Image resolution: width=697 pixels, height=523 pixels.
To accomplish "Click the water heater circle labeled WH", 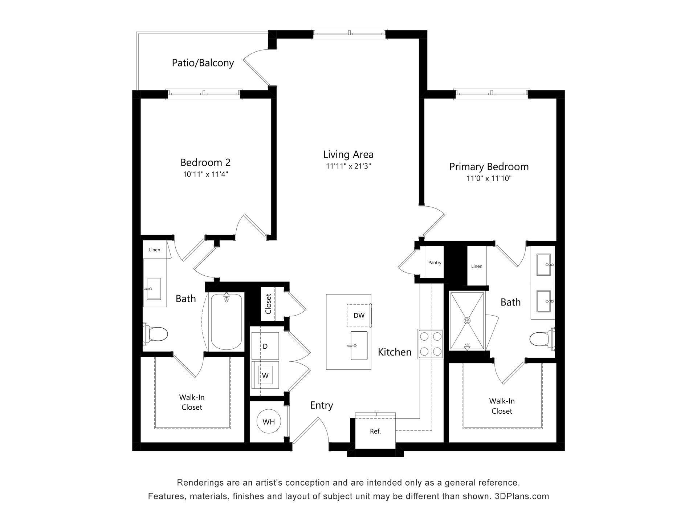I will tap(269, 422).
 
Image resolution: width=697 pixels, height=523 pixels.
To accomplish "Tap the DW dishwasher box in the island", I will tap(359, 315).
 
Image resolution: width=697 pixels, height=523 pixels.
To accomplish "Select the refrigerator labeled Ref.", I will tap(375, 431).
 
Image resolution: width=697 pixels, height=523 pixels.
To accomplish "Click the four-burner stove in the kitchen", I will tap(431, 344).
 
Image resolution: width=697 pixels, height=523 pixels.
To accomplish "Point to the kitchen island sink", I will tap(359, 346).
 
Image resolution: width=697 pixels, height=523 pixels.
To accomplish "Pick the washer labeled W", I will tap(265, 376).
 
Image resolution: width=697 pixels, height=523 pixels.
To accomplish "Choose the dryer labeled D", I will tap(265, 346).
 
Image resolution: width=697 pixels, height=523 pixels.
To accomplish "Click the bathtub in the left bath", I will tap(227, 322).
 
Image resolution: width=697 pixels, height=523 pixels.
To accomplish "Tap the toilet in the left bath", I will tap(156, 333).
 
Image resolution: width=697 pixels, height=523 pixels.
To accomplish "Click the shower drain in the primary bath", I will tap(467, 321).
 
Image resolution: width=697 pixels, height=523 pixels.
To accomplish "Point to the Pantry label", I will tap(435, 263).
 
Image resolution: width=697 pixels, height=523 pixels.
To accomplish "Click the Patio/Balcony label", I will tap(203, 63).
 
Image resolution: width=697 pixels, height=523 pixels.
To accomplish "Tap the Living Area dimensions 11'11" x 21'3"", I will tap(348, 166).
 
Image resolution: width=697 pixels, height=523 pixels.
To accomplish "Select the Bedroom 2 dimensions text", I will tap(205, 174).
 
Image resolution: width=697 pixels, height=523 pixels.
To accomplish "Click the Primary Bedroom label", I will tap(489, 167).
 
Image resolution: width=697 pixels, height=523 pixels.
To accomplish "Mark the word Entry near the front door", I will tap(321, 405).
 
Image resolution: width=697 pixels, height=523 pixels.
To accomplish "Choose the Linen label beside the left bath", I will tap(154, 250).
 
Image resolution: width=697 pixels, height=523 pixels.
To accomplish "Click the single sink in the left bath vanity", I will tap(154, 289).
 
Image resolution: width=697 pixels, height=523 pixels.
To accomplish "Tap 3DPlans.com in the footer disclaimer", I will tap(522, 496).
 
